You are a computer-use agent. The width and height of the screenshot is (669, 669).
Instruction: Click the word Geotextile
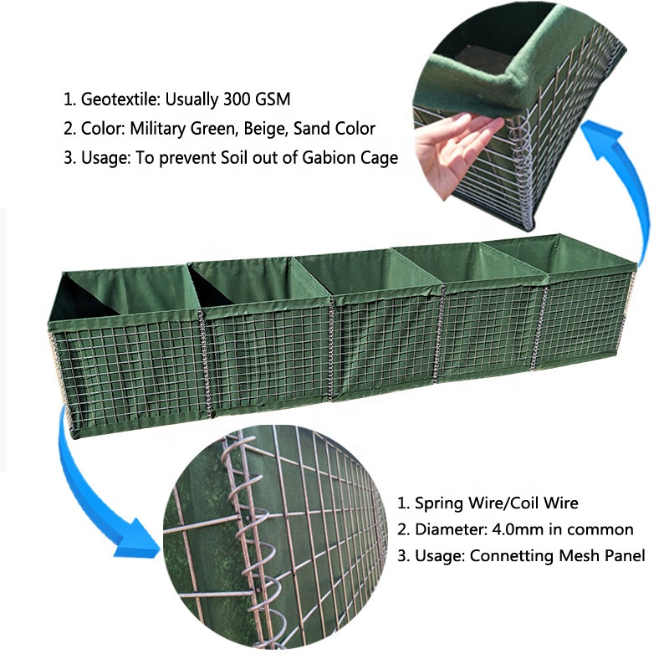pos(120,100)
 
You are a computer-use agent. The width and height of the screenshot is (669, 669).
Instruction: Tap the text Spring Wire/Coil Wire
pos(496,503)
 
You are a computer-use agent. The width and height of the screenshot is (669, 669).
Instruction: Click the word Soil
pos(235,158)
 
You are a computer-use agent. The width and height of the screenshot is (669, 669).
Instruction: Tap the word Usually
pos(192,100)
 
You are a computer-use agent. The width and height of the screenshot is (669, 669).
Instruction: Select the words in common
pos(591,529)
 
